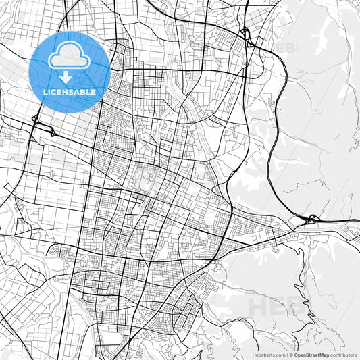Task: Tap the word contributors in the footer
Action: coord(342,354)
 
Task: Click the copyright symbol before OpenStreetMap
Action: coord(292,354)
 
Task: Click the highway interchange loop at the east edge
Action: coord(312,220)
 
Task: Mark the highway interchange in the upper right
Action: coord(247,37)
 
